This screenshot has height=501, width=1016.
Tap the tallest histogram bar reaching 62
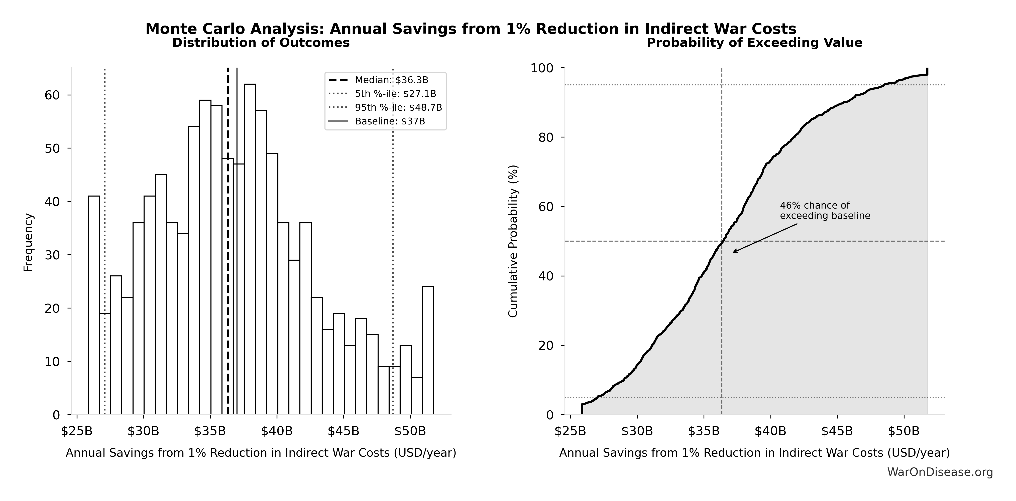tap(250, 248)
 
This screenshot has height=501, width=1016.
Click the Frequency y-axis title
tap(28, 242)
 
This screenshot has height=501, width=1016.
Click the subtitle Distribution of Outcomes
tap(261, 43)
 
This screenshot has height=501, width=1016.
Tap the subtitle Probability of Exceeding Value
tap(754, 43)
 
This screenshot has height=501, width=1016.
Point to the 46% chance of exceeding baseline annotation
tap(825, 211)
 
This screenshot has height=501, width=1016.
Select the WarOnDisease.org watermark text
tap(940, 472)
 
